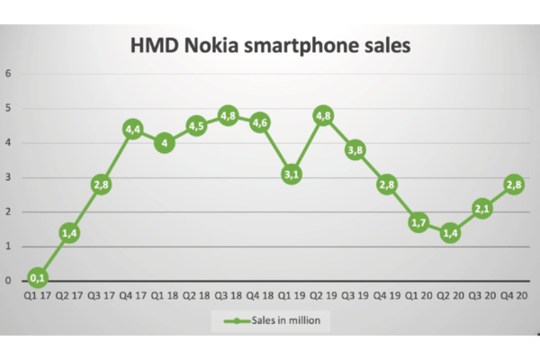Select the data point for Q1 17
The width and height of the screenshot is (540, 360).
pos(37,277)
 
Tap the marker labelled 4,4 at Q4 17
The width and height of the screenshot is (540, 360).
pos(133,130)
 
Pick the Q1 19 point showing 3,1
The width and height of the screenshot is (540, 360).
pos(291,175)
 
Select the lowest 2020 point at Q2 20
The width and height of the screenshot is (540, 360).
pos(450,232)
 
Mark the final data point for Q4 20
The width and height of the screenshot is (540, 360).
pos(513,185)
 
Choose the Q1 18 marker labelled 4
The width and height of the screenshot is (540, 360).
pos(164,142)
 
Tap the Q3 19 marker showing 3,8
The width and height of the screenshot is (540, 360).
pos(355,150)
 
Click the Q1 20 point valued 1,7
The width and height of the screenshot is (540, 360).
pos(418,222)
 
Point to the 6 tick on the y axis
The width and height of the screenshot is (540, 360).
pos(8,74)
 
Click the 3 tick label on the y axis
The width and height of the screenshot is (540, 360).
pos(8,177)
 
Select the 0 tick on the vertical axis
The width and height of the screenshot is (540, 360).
pos(8,281)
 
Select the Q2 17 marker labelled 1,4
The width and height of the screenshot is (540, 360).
pos(69,233)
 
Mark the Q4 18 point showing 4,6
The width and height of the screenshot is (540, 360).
pos(259,122)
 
